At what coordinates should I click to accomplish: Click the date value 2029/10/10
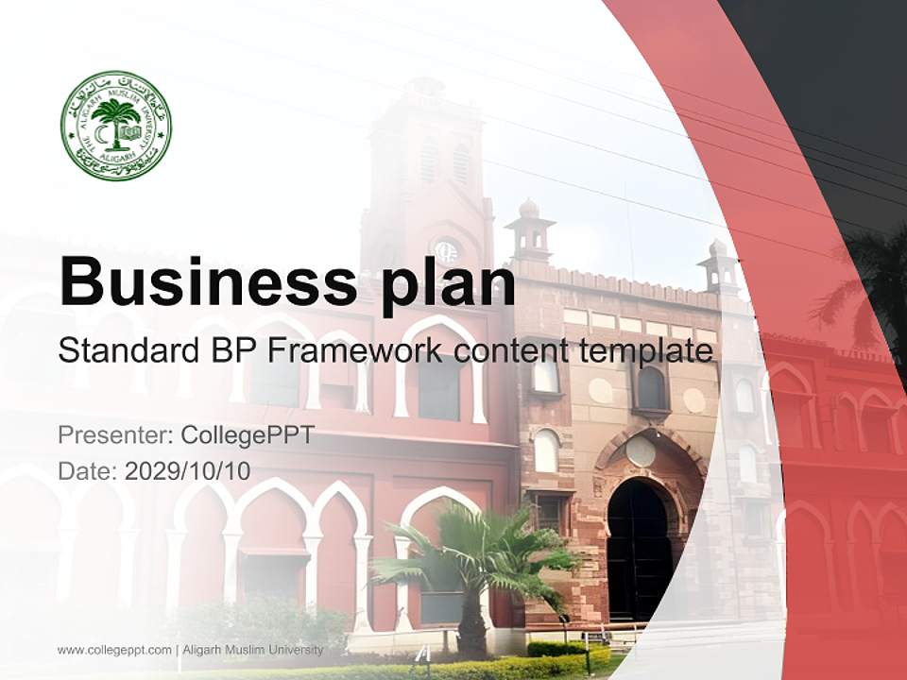point(188,470)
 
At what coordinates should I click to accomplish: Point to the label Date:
point(87,470)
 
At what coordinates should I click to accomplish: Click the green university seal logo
point(116,126)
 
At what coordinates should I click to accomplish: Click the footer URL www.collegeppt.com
point(114,650)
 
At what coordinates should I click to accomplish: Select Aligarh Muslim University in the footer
point(252,650)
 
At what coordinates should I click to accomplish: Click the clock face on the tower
point(445,250)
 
